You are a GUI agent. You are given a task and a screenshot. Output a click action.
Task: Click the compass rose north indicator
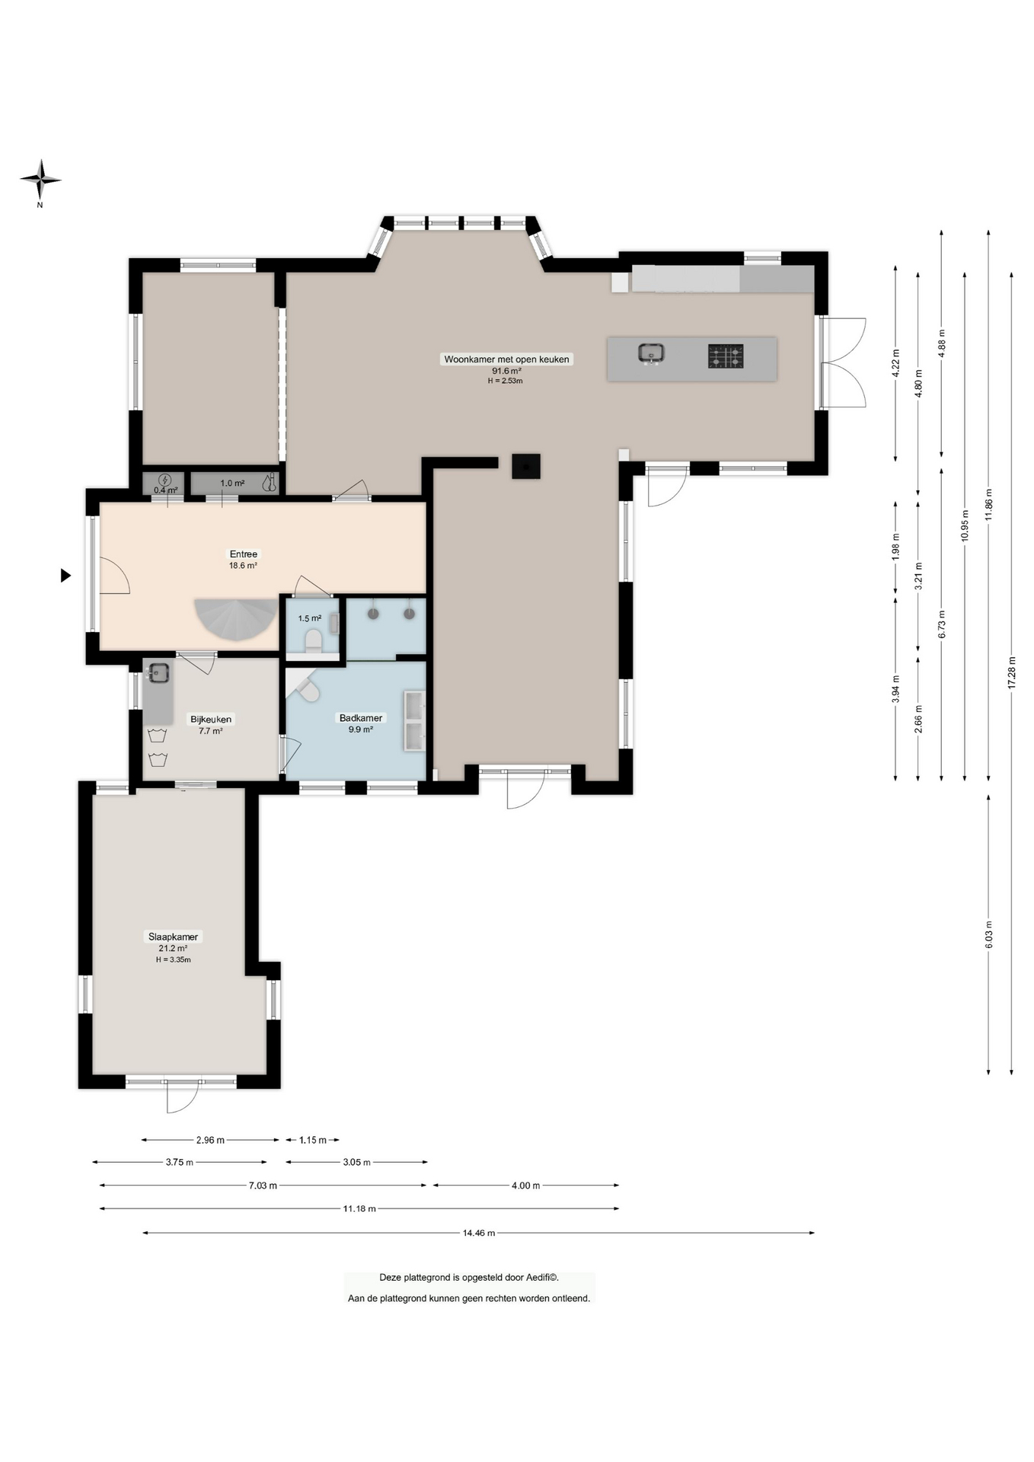[x=40, y=180]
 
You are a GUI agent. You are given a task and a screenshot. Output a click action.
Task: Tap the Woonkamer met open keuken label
[x=506, y=359]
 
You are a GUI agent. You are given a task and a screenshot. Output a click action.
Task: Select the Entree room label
[x=244, y=554]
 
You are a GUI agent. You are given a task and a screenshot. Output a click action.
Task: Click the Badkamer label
[x=361, y=718]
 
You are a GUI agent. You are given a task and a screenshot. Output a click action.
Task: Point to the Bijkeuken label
[x=211, y=719]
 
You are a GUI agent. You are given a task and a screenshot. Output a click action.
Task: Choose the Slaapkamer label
[x=173, y=937]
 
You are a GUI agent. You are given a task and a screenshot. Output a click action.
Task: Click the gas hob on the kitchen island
[x=726, y=356]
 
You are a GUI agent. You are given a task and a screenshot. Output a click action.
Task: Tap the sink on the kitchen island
[x=651, y=353]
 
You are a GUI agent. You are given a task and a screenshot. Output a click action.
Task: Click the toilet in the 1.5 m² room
[x=313, y=640]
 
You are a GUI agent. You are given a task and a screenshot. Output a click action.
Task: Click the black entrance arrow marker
[x=65, y=576]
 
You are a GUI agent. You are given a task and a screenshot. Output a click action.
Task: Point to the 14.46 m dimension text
[x=479, y=1233]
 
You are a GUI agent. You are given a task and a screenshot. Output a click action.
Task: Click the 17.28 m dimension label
[x=1011, y=672]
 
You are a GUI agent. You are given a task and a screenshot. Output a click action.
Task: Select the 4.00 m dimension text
[x=525, y=1186]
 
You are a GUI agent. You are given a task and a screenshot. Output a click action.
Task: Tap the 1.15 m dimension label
[x=312, y=1140]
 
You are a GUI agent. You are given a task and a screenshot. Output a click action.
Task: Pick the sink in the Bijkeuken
[x=158, y=673]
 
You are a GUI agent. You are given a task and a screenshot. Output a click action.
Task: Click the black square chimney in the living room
[x=526, y=466]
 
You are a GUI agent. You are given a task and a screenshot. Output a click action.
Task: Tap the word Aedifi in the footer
[x=537, y=1278]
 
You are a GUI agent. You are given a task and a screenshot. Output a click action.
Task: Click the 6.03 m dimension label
[x=988, y=934]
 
